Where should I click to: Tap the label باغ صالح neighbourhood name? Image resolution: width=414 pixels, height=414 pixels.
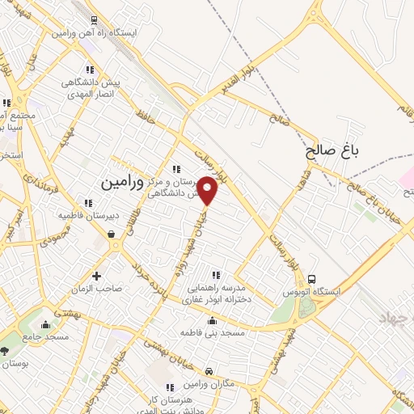pos(332,150)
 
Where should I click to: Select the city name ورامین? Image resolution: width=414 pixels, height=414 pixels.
pos(122,184)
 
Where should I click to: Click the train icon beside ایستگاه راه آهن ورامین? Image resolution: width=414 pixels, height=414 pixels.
pos(95,21)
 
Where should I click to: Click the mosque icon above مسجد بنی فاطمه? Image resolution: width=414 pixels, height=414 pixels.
pos(212,320)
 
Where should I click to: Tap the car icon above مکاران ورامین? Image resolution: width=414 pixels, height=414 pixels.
pos(209,371)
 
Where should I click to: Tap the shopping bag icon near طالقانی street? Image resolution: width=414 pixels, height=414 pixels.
pos(111,234)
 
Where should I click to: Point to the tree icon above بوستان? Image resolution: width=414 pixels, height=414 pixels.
pos(6,351)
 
